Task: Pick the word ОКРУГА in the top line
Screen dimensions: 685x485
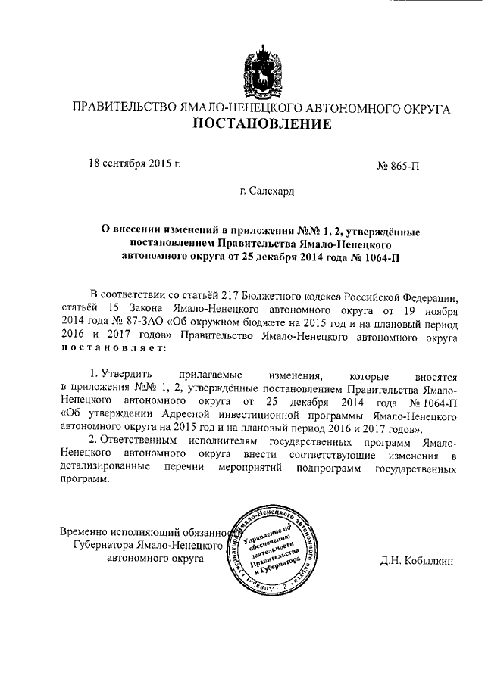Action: pyautogui.click(x=424, y=108)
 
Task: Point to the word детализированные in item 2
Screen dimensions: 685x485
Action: pyautogui.click(x=105, y=469)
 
